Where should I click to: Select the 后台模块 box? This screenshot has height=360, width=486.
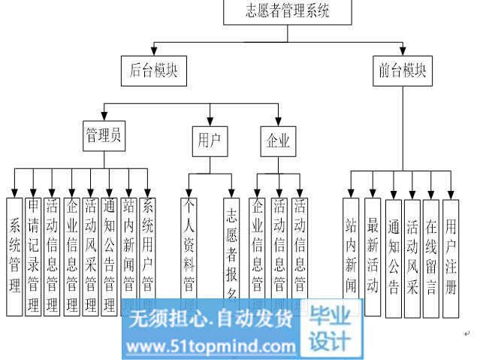point(153,71)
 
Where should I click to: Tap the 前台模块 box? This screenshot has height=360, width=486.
point(402,71)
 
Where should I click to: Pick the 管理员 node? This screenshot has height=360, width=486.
point(104,136)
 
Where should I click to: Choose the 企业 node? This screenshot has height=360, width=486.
point(278,141)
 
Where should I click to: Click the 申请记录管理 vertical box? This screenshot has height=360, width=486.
point(33,256)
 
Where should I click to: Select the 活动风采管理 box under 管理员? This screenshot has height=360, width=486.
point(91,256)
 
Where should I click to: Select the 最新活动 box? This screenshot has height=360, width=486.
point(373,256)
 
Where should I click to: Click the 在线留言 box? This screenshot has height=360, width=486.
point(431,256)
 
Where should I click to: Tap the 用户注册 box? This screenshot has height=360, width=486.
point(451,256)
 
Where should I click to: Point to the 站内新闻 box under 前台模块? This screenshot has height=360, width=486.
point(351,256)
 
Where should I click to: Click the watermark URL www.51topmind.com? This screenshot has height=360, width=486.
point(211,346)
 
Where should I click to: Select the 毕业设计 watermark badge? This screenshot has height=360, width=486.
point(331,328)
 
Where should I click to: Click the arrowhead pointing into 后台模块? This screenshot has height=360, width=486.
point(153,53)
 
